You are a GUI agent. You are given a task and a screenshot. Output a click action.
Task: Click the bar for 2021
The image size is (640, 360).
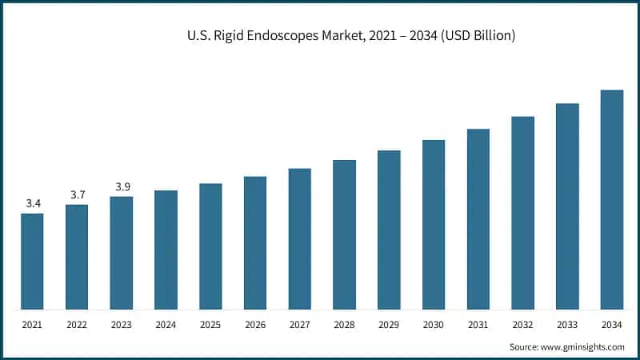tap(33, 262)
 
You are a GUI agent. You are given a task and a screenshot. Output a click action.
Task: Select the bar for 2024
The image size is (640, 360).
tap(166, 250)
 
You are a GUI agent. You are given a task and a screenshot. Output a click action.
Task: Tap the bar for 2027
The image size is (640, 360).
tap(300, 238)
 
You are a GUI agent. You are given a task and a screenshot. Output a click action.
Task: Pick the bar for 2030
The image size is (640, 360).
tap(434, 225)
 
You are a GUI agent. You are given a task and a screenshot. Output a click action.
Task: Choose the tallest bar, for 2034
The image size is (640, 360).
tap(612, 200)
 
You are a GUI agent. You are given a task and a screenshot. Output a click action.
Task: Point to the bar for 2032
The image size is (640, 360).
tap(523, 213)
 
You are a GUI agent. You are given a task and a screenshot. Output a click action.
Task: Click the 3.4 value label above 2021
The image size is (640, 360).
tap(33, 204)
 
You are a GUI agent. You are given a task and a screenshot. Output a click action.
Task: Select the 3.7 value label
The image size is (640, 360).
tap(78, 195)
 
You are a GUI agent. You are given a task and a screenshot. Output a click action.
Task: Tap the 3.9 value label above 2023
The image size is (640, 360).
tap(122, 186)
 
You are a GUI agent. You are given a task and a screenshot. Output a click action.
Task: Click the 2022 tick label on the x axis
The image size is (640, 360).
tap(78, 325)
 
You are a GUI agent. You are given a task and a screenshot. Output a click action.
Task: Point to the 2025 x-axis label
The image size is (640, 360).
tap(211, 325)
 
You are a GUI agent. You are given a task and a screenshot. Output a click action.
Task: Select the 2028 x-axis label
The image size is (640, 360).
tap(345, 325)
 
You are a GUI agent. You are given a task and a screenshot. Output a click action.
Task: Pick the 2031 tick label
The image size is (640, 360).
tap(478, 325)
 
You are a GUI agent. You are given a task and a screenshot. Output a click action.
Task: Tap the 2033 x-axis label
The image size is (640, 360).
tap(567, 325)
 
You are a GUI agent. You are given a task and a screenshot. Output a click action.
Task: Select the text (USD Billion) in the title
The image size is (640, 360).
tap(477, 36)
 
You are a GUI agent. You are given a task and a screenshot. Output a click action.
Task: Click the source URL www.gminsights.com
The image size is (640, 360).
tap(583, 346)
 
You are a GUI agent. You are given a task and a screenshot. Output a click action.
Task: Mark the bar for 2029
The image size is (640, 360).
tap(389, 230)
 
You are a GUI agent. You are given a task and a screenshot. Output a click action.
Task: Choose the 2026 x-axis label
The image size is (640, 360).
tap(255, 325)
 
